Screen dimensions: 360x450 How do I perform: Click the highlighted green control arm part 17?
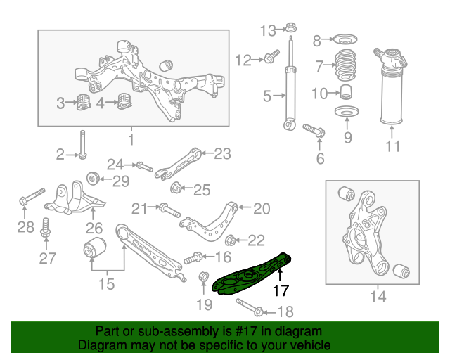click(x=250, y=276)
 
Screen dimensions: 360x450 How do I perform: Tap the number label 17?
click(x=281, y=288)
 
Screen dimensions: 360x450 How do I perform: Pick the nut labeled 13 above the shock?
click(x=289, y=30)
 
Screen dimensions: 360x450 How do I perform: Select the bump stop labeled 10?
click(x=345, y=92)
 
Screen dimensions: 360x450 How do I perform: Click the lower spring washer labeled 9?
click(x=347, y=113)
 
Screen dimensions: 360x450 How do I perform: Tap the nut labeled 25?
click(x=177, y=188)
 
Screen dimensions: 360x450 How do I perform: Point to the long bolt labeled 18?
click(x=250, y=307)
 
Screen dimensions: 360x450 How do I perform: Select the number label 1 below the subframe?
click(x=131, y=139)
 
